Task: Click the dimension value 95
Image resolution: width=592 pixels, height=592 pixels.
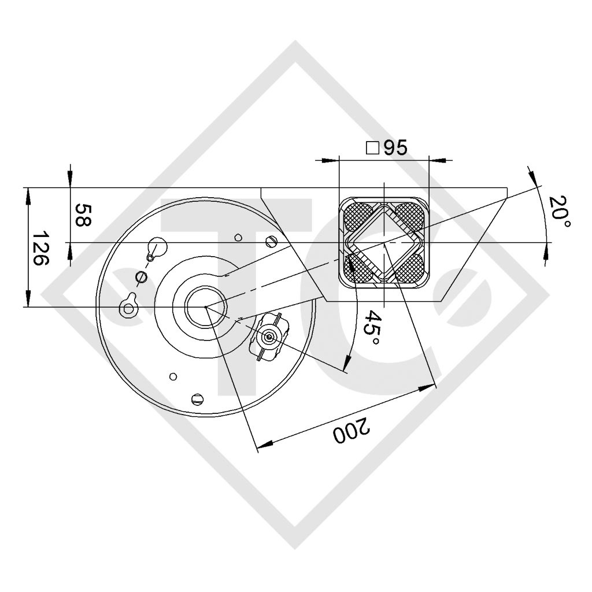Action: (395, 148)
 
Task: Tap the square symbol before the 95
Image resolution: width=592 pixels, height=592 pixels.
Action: (373, 149)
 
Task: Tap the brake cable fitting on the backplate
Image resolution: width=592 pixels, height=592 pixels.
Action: (268, 336)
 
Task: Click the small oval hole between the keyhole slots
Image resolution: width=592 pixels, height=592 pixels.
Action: (139, 277)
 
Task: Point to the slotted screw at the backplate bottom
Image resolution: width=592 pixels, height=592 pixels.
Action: (197, 398)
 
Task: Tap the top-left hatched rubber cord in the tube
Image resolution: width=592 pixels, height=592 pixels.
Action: (358, 216)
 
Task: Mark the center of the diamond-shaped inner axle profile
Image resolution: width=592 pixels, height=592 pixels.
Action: (384, 242)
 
